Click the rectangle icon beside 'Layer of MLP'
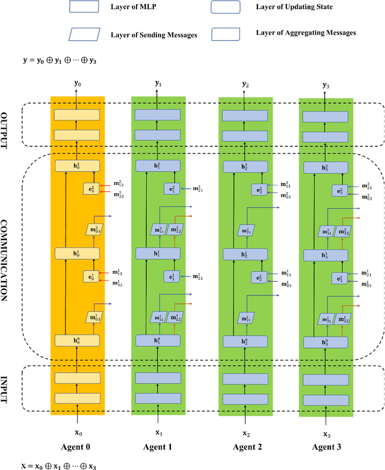point(85,7)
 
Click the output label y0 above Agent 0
point(77,84)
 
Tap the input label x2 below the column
point(245,433)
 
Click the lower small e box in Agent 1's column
point(172,276)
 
